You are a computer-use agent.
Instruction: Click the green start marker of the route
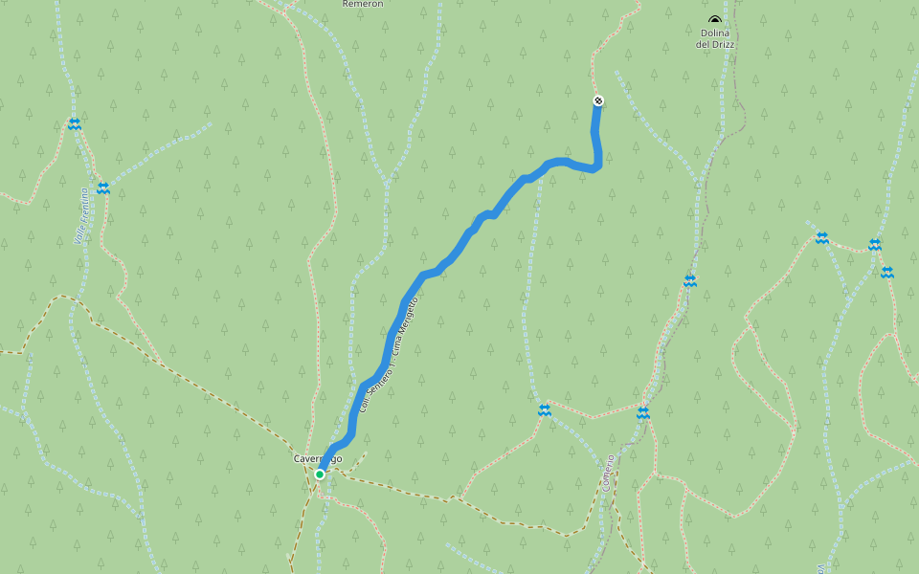point(320,474)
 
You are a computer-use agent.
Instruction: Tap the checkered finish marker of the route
point(598,100)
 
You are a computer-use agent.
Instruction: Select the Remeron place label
point(363,4)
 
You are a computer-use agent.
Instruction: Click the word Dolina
point(715,33)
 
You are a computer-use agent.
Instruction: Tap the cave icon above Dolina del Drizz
point(714,19)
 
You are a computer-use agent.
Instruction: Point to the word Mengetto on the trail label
point(411,313)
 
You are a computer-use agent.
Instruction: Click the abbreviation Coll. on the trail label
point(364,405)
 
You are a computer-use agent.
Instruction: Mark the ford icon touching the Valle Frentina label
point(102,188)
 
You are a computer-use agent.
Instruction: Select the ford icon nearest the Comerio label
point(643,413)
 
